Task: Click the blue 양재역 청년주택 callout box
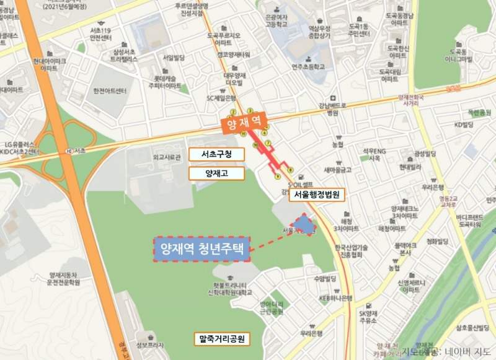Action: [203, 249]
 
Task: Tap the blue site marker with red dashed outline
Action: [304, 225]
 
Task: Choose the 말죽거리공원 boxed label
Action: [221, 339]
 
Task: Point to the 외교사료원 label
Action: [166, 157]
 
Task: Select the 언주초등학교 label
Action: [308, 66]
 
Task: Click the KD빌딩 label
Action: [463, 125]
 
